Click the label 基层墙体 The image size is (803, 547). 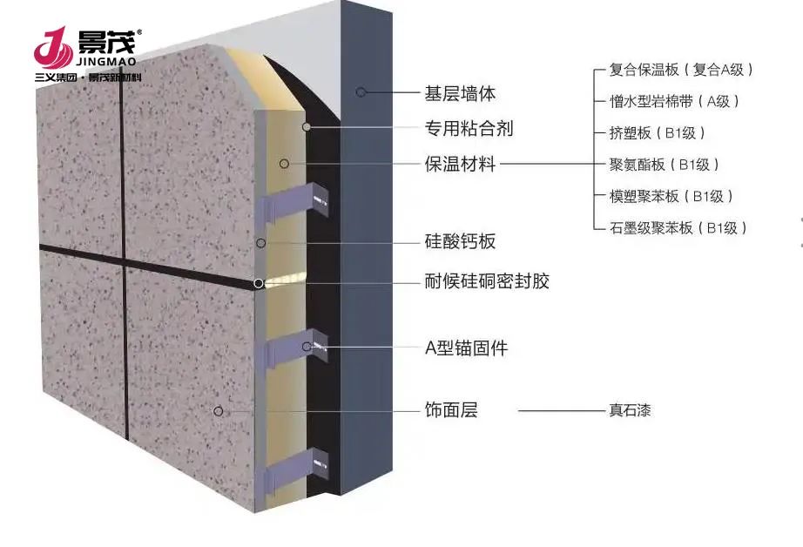[460, 94]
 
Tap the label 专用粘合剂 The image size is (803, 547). [469, 129]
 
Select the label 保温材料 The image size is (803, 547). [460, 165]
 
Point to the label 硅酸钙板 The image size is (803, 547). [460, 241]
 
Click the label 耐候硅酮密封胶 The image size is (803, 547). [487, 281]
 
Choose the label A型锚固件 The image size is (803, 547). [466, 348]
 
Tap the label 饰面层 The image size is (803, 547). [450, 410]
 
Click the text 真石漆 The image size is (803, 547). [630, 410]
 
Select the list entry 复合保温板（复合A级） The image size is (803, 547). [680, 70]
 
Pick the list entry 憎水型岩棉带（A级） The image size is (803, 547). [674, 101]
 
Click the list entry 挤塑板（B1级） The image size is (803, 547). [657, 133]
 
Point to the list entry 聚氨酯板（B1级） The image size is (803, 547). [664, 165]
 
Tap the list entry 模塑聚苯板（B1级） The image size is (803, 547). [671, 196]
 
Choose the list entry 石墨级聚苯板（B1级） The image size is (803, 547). [678, 228]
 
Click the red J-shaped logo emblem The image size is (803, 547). [53, 48]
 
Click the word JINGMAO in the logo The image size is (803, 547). [106, 62]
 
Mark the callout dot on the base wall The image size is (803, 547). [361, 92]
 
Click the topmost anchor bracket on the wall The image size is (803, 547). [295, 204]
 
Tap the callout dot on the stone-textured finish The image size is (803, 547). [218, 411]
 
